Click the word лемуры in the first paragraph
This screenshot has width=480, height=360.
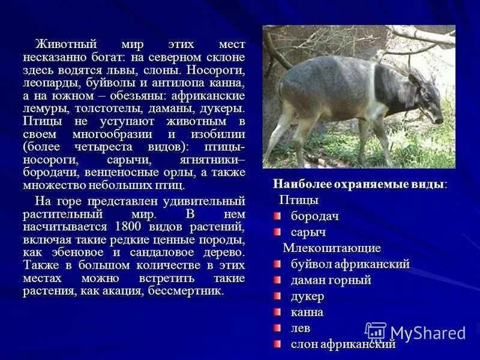[47, 109]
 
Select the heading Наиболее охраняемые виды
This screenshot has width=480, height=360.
[359, 184]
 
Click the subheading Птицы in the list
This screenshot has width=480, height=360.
[299, 200]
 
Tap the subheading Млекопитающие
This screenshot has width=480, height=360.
[332, 248]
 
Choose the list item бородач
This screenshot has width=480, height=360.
[315, 216]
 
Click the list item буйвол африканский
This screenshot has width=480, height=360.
[350, 264]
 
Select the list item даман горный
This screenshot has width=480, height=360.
[331, 280]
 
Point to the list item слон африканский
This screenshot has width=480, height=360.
[343, 344]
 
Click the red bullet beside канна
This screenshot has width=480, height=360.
[277, 312]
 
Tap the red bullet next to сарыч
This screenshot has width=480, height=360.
[277, 232]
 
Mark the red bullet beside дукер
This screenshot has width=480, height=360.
[277, 296]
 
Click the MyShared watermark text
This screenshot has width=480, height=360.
[427, 333]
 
